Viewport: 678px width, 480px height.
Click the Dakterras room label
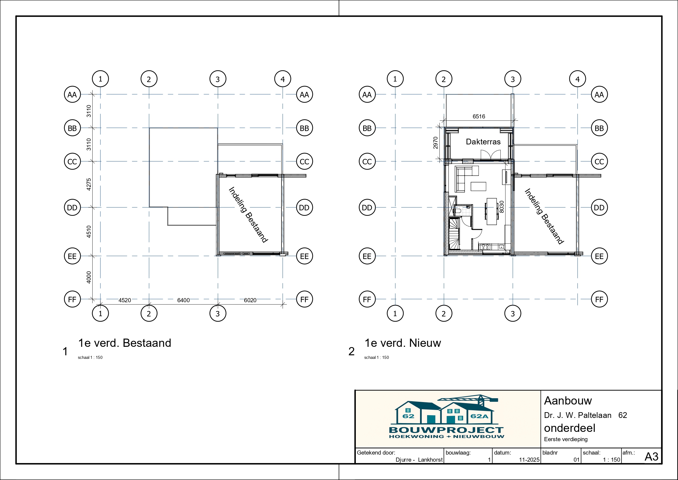click(x=483, y=142)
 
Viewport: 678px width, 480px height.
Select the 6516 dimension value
click(x=479, y=117)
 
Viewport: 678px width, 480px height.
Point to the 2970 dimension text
click(x=436, y=143)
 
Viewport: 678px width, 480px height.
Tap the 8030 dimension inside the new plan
click(x=501, y=207)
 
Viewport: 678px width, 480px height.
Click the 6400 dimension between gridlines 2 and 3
click(x=183, y=300)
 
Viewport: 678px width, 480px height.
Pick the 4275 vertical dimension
click(x=89, y=184)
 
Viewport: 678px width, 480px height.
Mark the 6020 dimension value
click(x=250, y=300)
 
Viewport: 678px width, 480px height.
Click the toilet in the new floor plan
click(x=458, y=210)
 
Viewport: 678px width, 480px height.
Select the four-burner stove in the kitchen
click(x=485, y=246)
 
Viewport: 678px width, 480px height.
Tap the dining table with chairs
click(x=492, y=211)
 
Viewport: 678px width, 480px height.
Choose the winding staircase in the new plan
click(x=454, y=234)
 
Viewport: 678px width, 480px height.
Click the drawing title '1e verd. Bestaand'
click(x=125, y=343)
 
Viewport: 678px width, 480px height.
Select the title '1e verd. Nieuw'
click(x=403, y=343)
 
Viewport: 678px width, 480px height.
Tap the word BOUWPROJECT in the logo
click(x=447, y=430)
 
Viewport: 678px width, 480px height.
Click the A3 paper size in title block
click(x=651, y=457)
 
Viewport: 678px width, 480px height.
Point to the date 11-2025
click(x=529, y=459)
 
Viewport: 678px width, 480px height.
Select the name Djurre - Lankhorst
click(x=419, y=459)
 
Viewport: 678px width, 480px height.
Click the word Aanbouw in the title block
click(x=568, y=401)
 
